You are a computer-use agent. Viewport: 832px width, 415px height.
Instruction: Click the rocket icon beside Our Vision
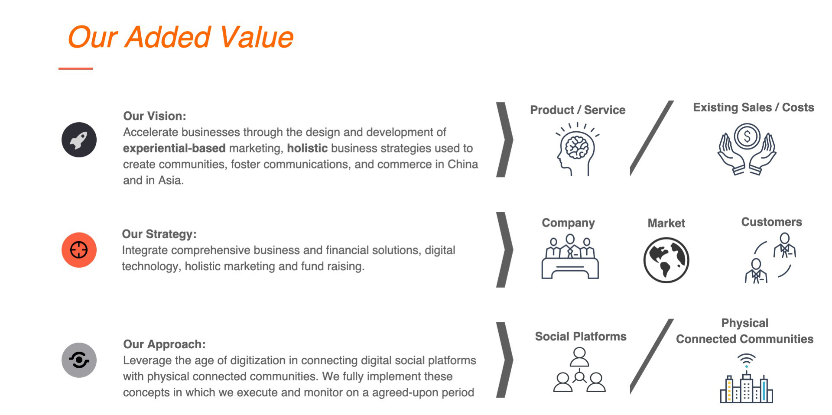(x=79, y=140)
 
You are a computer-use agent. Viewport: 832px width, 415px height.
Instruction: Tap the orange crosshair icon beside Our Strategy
(x=79, y=250)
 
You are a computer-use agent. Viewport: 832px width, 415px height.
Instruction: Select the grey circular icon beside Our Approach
(x=79, y=360)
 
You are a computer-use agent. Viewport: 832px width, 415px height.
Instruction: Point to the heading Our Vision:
(x=155, y=116)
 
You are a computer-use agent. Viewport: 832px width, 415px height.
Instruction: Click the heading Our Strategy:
(x=159, y=234)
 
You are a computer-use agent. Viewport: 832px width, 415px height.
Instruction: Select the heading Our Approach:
(x=164, y=344)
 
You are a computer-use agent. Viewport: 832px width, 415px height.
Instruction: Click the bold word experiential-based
(x=174, y=149)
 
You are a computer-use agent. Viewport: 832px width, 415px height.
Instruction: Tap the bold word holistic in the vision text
(x=307, y=148)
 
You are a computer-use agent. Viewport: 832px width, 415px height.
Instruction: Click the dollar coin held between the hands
(x=747, y=136)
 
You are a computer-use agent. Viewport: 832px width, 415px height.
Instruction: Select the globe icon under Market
(x=666, y=260)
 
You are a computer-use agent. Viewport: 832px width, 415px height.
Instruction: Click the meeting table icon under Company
(x=570, y=257)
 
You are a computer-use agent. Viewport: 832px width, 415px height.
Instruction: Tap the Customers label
(x=771, y=222)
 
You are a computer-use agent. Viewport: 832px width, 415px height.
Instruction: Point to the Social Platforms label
(x=581, y=337)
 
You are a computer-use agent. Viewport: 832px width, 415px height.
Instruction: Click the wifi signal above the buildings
(x=746, y=360)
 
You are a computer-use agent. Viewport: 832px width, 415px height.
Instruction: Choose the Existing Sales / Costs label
(x=754, y=107)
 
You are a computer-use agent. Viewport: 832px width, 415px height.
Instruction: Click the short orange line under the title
(x=75, y=68)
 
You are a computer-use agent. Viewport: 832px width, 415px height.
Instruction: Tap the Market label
(x=666, y=223)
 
